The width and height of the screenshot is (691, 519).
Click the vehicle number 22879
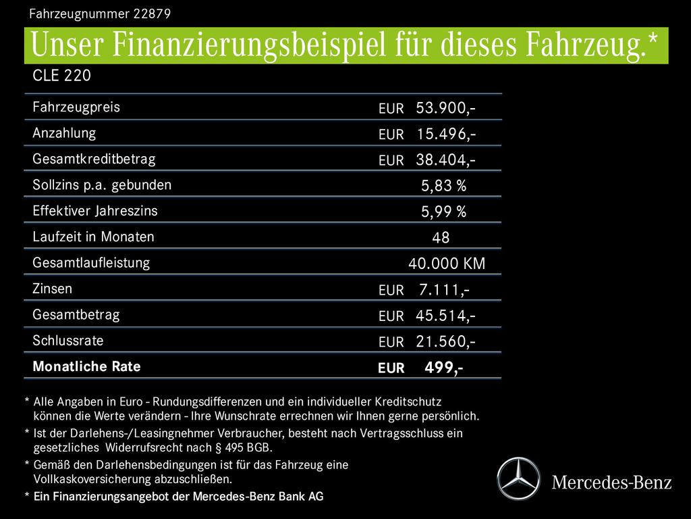[x=152, y=13]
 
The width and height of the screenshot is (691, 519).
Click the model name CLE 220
[x=61, y=76]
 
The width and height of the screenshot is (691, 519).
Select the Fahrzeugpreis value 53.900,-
[x=445, y=107]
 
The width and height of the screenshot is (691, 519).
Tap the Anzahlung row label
[x=64, y=133]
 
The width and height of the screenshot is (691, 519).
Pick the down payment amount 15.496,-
[x=445, y=134]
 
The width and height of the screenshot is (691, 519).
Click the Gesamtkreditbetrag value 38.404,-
[x=445, y=159]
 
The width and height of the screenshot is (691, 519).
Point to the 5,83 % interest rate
[x=443, y=186]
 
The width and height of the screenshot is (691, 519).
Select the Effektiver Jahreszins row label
[x=94, y=211]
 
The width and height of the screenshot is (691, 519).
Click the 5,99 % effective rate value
[x=443, y=212]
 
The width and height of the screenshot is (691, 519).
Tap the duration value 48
[x=441, y=238]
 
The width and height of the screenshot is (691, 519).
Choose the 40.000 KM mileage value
[x=447, y=264]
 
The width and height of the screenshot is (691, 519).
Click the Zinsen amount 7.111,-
[x=444, y=290]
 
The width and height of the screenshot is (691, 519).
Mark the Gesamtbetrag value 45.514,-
[x=445, y=316]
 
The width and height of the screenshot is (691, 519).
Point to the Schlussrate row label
[x=67, y=341]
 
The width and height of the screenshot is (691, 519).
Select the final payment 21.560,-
[x=445, y=342]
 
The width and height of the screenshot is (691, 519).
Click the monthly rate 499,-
[x=443, y=368]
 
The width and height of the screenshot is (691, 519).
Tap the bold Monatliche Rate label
[x=86, y=367]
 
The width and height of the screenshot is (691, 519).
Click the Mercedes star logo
[x=520, y=478]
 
